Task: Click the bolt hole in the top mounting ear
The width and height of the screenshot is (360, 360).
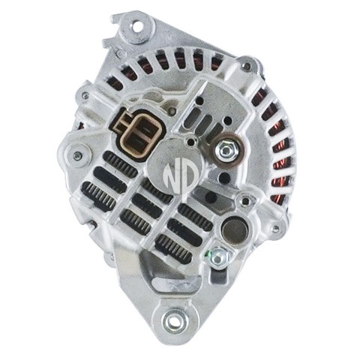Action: pos(137,26)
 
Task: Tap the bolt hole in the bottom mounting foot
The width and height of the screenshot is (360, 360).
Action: pos(172,319)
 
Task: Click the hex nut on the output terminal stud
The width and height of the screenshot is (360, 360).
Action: pos(225,150)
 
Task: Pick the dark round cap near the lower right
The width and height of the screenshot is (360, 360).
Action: pos(235,230)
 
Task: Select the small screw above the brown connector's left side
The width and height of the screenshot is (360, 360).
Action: pos(85,95)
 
